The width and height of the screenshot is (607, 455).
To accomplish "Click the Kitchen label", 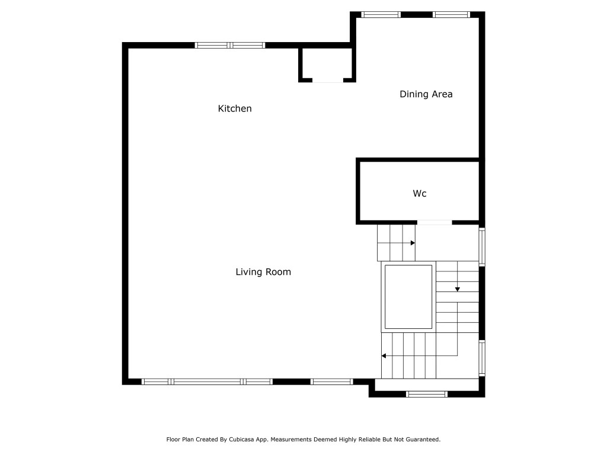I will pos(235,108).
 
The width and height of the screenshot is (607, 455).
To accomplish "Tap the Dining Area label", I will pos(426,94).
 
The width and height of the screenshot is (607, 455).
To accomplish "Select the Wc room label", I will pos(420,193).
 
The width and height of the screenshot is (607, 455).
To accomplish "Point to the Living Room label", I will pos(263,272).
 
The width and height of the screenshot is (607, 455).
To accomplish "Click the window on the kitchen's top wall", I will pos(230,45).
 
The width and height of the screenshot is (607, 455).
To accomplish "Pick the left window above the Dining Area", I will pos(381,14).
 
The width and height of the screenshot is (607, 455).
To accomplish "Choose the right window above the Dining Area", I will pos(451,14).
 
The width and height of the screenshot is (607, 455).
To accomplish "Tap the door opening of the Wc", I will pos(435,222).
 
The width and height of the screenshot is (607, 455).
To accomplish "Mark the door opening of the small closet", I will pos(327,80).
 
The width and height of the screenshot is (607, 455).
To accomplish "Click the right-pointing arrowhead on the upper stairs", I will pos(413,243).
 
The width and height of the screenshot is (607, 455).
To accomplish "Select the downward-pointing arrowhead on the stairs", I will pos(458,289).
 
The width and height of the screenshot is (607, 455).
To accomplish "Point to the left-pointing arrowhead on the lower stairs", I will pos(384,356).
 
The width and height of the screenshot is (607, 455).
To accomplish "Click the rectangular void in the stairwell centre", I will pos(408,297).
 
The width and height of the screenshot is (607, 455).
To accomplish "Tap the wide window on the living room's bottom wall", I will pos(207,382).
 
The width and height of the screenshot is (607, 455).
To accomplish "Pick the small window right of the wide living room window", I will pos(331,382).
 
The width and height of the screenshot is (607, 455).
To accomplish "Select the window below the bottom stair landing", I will pos(427,394).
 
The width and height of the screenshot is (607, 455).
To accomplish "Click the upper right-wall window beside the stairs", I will pos(482,246).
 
